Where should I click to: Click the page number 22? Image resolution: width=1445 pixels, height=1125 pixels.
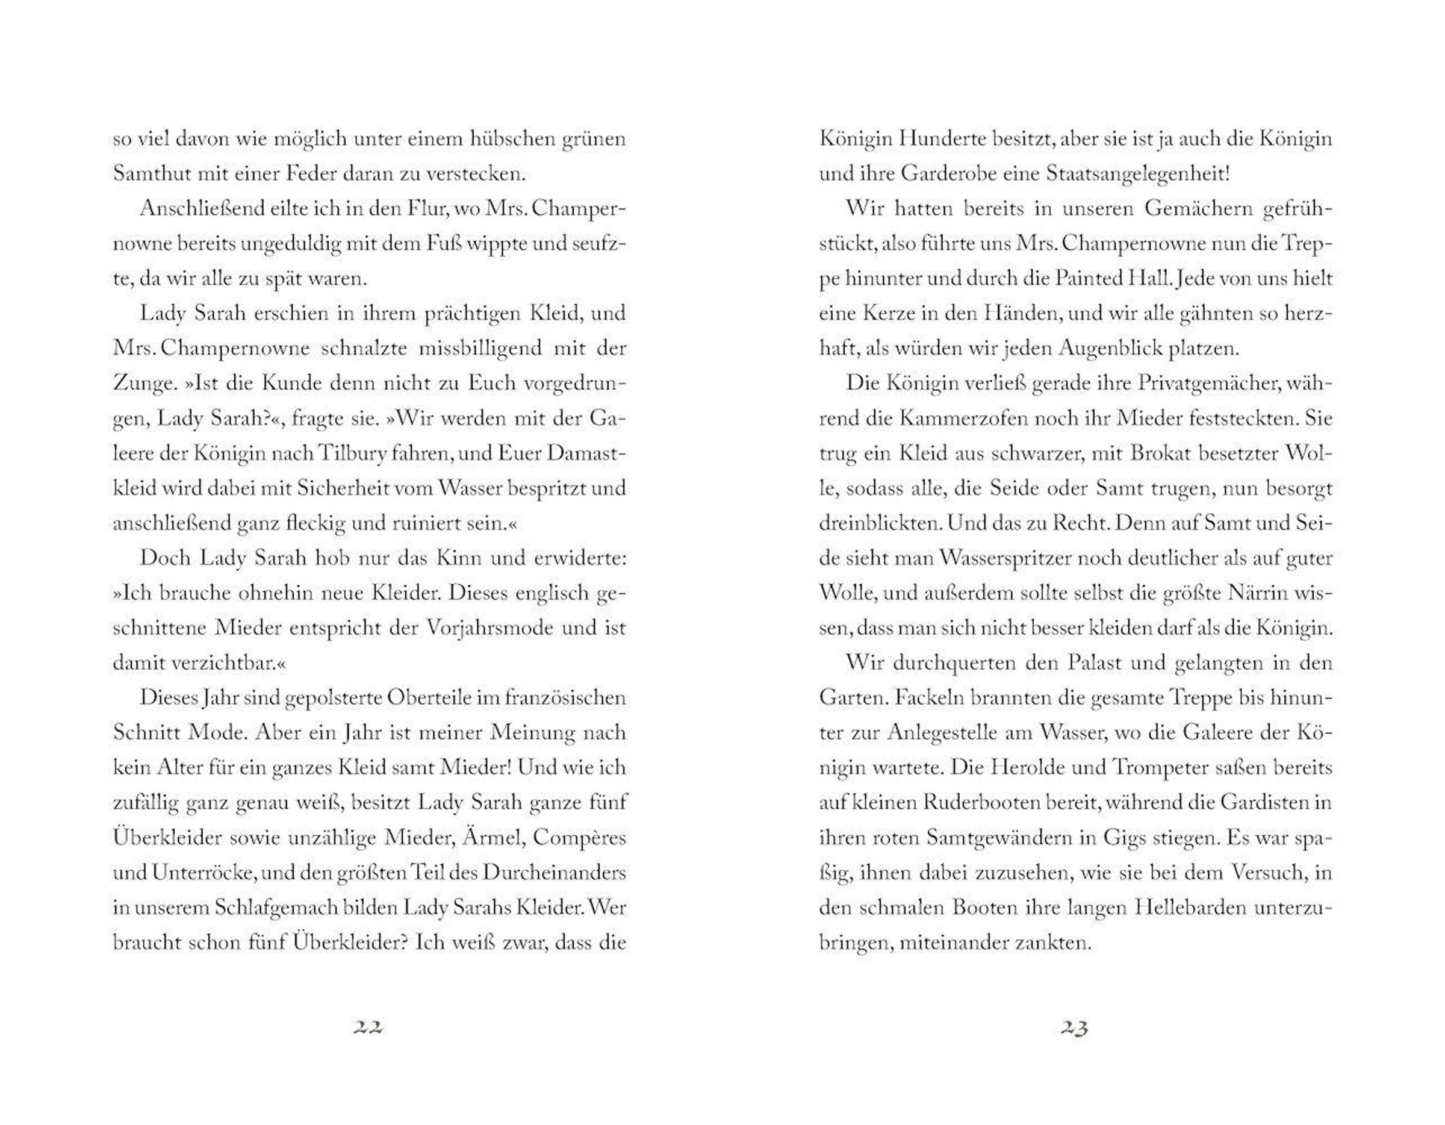(x=368, y=1027)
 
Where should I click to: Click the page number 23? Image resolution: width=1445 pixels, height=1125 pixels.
(x=1075, y=1027)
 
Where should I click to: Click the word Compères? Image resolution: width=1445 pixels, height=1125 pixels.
(x=579, y=838)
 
